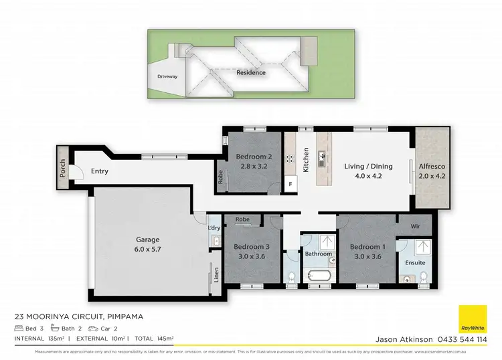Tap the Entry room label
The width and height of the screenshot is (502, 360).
(x=100, y=171)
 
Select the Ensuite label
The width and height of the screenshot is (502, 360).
(x=415, y=262)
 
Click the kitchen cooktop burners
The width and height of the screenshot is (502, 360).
(x=291, y=159)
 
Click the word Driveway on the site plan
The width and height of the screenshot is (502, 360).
(x=167, y=77)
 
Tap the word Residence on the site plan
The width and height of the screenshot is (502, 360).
(x=251, y=72)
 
